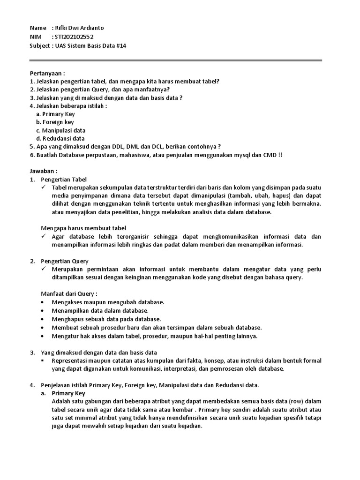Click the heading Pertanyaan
coord(47,73)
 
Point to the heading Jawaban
coord(44,172)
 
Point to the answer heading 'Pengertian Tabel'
coord(64,180)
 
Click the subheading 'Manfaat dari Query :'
coord(69,293)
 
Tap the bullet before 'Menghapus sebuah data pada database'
coord(43,319)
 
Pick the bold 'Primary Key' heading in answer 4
coord(68,393)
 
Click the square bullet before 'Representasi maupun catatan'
coord(43,361)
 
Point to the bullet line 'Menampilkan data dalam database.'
coord(100,311)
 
